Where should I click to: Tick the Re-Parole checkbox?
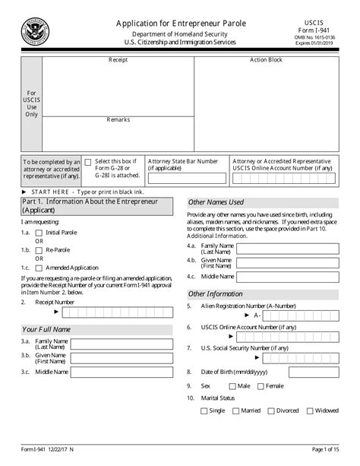click(x=39, y=250)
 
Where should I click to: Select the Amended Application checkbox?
click(x=39, y=268)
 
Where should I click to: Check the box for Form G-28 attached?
click(x=89, y=162)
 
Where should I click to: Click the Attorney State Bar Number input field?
click(x=187, y=179)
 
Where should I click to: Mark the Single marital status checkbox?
click(x=203, y=411)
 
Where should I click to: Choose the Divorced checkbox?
click(x=270, y=411)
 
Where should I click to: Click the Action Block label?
click(x=266, y=59)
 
